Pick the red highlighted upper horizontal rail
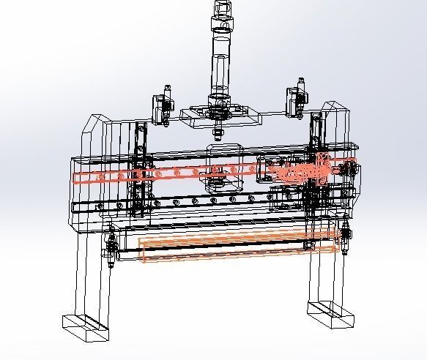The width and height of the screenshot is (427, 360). point(183,173)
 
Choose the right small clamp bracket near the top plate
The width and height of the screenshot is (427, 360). point(296,101)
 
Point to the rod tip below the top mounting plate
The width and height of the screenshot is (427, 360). point(218,132)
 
